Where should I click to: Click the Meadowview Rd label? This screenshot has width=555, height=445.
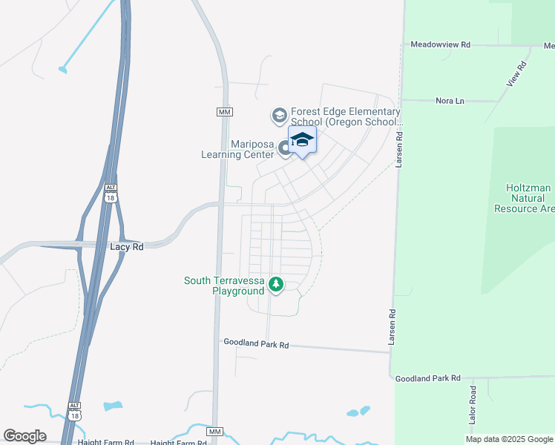441,44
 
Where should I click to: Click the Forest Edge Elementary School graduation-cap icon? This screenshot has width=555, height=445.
280,115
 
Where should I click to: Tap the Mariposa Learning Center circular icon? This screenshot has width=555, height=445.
285,150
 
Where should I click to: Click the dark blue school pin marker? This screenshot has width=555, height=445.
302,140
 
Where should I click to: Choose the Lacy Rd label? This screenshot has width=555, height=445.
126,246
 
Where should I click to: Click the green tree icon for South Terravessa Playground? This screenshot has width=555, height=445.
276,284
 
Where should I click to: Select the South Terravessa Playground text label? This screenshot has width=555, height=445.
224,286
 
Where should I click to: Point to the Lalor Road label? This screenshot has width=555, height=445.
472,405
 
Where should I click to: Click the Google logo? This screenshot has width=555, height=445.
24,436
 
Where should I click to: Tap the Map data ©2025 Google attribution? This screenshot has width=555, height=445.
510,439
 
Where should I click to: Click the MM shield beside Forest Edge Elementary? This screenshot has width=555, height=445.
225,112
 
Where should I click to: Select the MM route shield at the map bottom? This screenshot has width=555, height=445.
215,432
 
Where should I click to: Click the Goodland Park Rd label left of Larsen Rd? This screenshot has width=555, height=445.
256,345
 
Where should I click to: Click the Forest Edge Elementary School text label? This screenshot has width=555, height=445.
346,116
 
